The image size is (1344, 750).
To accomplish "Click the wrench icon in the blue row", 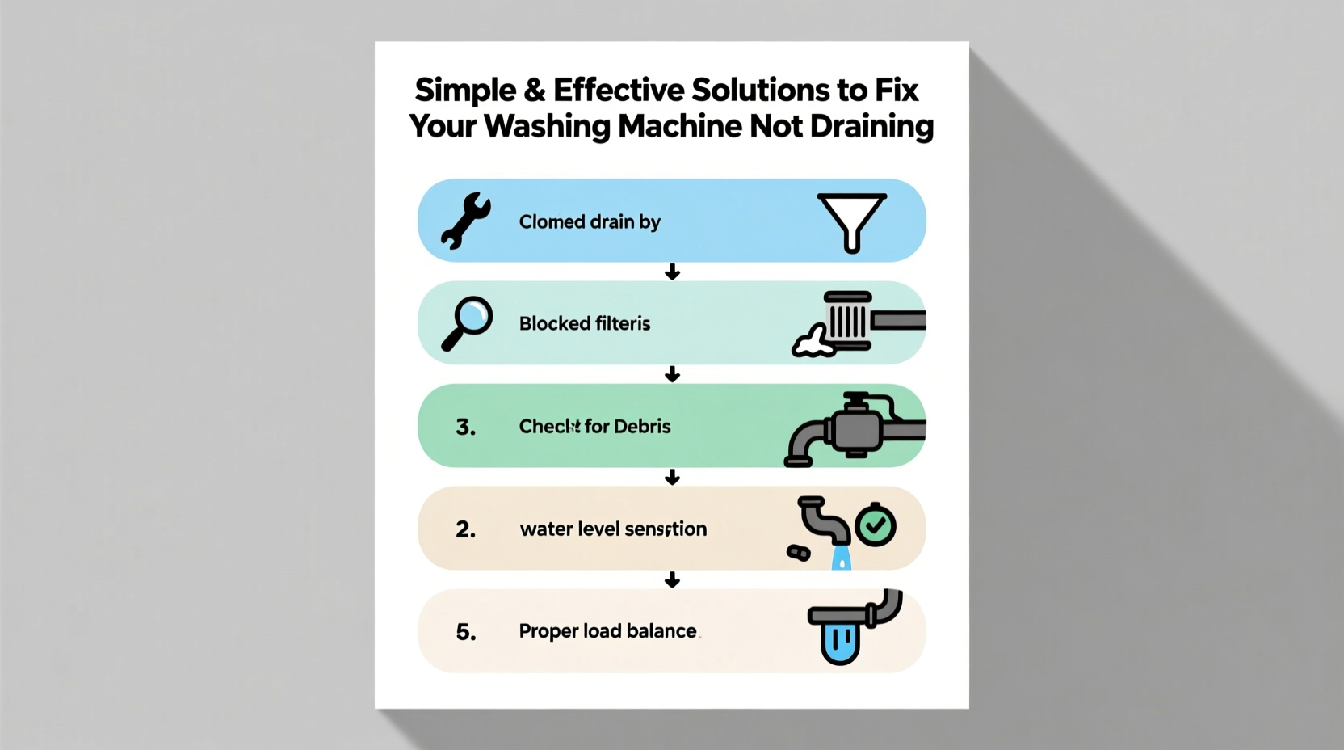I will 465,220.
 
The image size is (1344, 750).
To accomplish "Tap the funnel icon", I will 851,222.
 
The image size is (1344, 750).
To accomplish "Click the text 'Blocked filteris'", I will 584,324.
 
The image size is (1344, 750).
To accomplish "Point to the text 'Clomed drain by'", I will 590,222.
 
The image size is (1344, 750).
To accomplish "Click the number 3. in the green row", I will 465,427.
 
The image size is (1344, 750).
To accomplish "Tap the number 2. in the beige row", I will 465,529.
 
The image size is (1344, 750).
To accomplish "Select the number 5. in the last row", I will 465,632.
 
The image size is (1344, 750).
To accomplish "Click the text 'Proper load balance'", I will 607,631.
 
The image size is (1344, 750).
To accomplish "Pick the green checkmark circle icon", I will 875,527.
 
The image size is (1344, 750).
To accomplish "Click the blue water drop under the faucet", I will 842,558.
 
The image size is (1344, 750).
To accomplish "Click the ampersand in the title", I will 535,91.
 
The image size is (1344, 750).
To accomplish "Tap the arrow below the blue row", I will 672,272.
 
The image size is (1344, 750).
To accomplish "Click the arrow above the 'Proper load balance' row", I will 672,580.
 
